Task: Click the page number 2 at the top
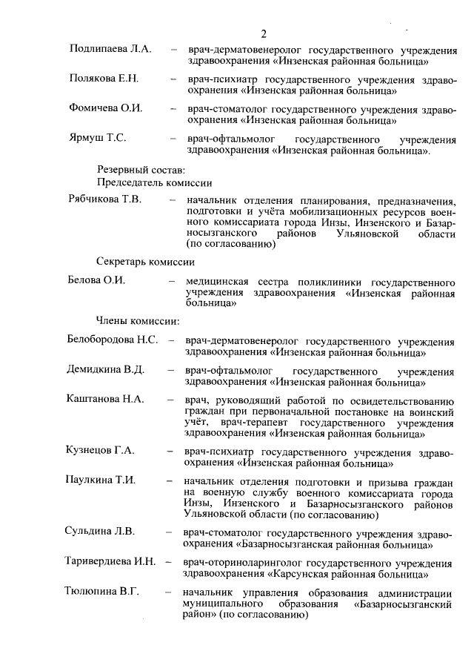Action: [x=264, y=33]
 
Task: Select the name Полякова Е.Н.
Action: [x=104, y=79]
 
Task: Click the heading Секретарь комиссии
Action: [x=145, y=262]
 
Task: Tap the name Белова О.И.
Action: [x=96, y=282]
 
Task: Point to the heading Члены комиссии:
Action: [x=138, y=321]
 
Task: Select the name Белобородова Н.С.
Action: [x=113, y=340]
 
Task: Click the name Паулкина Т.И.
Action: [x=101, y=480]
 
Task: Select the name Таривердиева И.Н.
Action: [x=110, y=561]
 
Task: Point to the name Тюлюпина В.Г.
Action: [x=102, y=591]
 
